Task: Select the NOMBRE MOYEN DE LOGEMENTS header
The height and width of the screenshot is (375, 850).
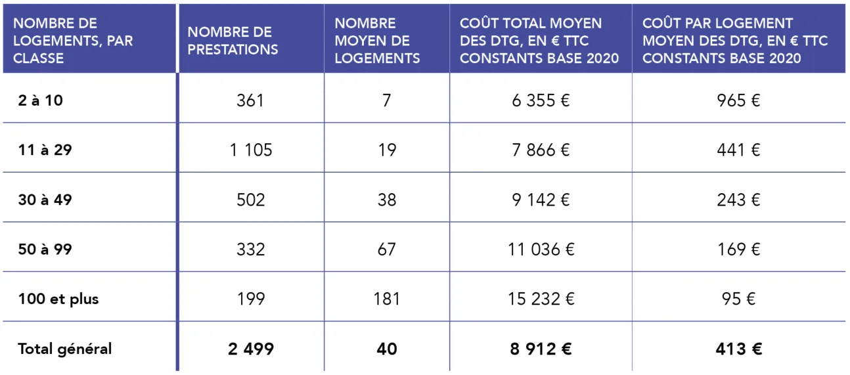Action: pos(377,41)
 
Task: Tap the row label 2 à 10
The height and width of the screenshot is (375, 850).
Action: pos(41,101)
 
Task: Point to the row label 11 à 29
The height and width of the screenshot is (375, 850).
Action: pos(45,150)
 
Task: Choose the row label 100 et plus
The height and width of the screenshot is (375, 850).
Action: pos(58,299)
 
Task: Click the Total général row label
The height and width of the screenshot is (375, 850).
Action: pos(64,349)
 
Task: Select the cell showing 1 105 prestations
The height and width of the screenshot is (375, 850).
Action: pos(251,150)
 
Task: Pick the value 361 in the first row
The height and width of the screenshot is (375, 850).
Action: pos(251,101)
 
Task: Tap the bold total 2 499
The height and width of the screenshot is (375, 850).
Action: pos(251,349)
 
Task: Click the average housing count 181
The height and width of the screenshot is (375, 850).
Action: pos(387,299)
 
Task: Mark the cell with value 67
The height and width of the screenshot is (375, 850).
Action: pos(387,250)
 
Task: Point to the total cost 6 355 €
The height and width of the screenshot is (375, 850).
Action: pos(541,101)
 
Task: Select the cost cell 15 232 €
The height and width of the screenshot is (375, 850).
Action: pos(541,299)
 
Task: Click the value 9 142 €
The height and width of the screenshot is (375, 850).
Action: pos(541,200)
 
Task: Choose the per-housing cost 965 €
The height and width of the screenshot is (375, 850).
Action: pos(738,101)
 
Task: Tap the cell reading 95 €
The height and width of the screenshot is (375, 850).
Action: pos(738,299)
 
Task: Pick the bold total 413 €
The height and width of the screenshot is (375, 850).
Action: pos(738,349)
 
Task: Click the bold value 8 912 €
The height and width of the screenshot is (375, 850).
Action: pos(541,349)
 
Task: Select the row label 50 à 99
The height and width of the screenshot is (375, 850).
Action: pos(45,250)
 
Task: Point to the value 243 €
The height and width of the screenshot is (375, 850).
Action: pos(738,200)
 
